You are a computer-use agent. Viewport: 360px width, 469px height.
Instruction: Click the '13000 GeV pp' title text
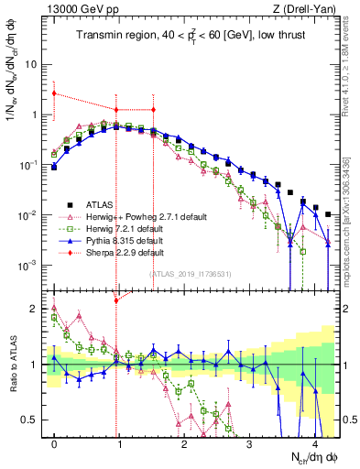pos(78,9)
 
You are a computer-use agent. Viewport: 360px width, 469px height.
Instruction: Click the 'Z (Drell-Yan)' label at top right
pos(309,9)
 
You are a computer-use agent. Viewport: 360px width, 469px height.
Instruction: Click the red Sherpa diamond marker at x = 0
pos(54,93)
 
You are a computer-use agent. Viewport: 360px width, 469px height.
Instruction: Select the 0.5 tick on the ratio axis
pos(32,420)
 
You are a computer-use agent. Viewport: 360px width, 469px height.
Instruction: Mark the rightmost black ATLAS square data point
pos(328,214)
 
